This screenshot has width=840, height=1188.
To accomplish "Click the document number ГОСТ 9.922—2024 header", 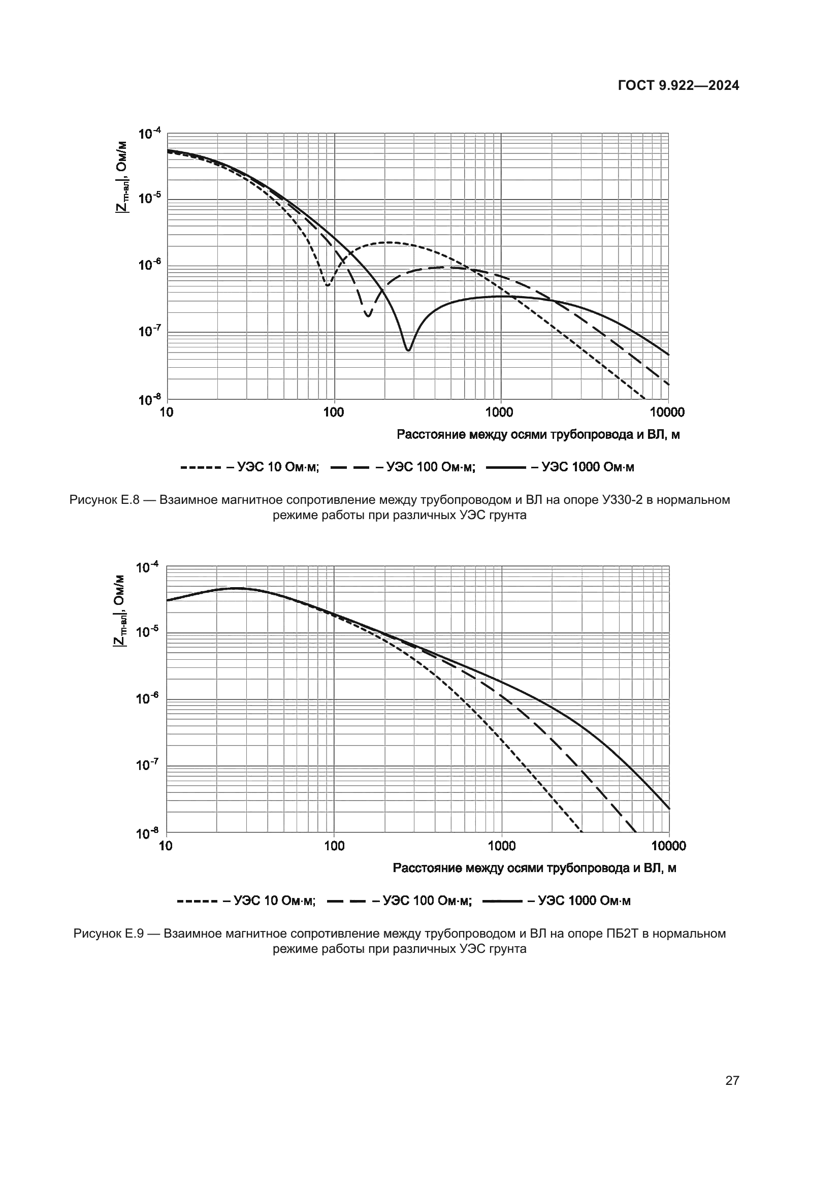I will [679, 86].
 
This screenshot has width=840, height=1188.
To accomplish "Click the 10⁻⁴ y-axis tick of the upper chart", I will [149, 134].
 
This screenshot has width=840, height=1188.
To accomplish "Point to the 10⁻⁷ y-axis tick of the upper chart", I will [149, 331].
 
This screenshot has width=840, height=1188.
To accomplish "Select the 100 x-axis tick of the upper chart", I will [334, 412].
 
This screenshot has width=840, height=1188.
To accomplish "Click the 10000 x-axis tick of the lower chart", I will [668, 846].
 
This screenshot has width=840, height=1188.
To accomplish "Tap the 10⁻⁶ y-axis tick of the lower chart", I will [147, 699].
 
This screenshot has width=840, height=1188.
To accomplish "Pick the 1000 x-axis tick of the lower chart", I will [501, 846].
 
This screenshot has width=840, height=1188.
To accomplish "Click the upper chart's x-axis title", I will [538, 435].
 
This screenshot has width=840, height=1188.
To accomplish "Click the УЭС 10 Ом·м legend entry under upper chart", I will [250, 467].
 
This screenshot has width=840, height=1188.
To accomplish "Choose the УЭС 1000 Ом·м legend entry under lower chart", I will [556, 901].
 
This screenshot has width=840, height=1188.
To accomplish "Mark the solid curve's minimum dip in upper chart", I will [408, 350].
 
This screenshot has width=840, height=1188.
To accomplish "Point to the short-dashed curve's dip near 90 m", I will [327, 284].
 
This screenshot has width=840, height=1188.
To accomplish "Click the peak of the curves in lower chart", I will [235, 588].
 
